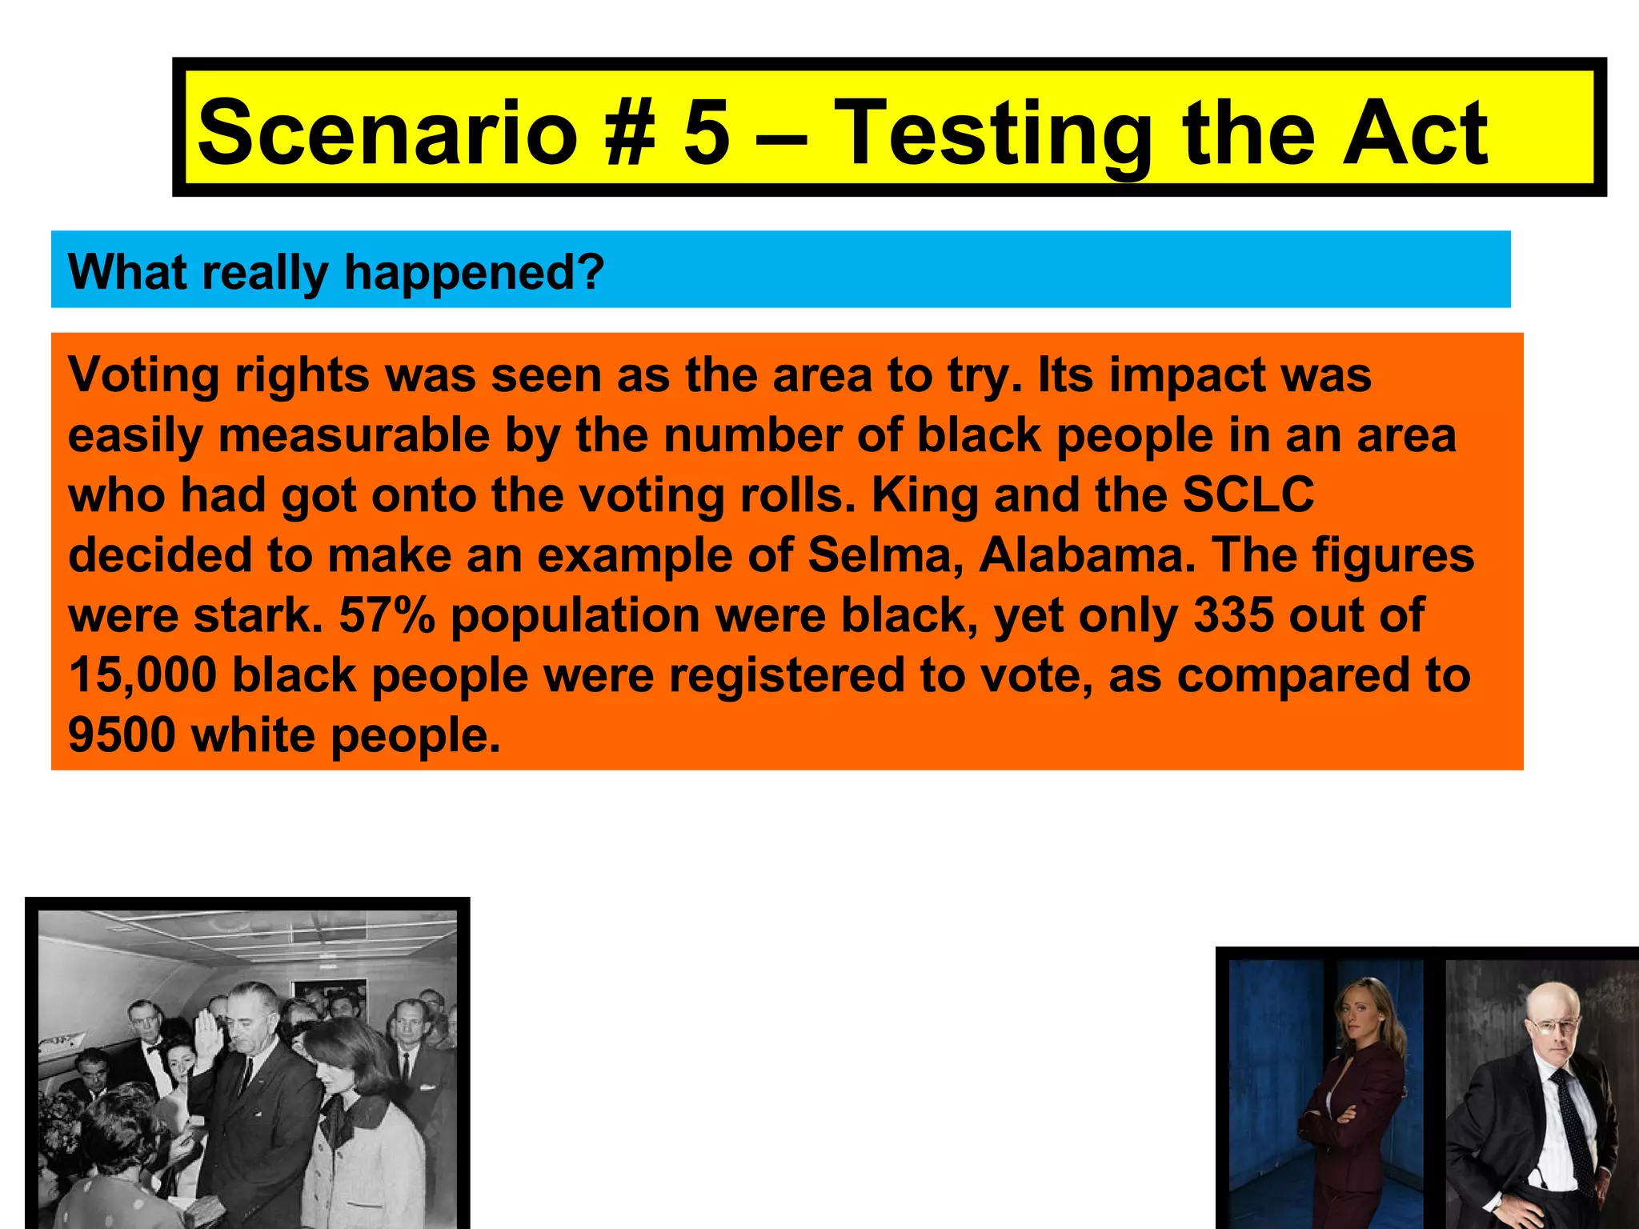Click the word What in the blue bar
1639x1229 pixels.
tap(128, 272)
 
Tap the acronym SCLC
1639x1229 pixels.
tap(1248, 494)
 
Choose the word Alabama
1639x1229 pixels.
tap(1087, 554)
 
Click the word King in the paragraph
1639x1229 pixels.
tap(925, 494)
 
